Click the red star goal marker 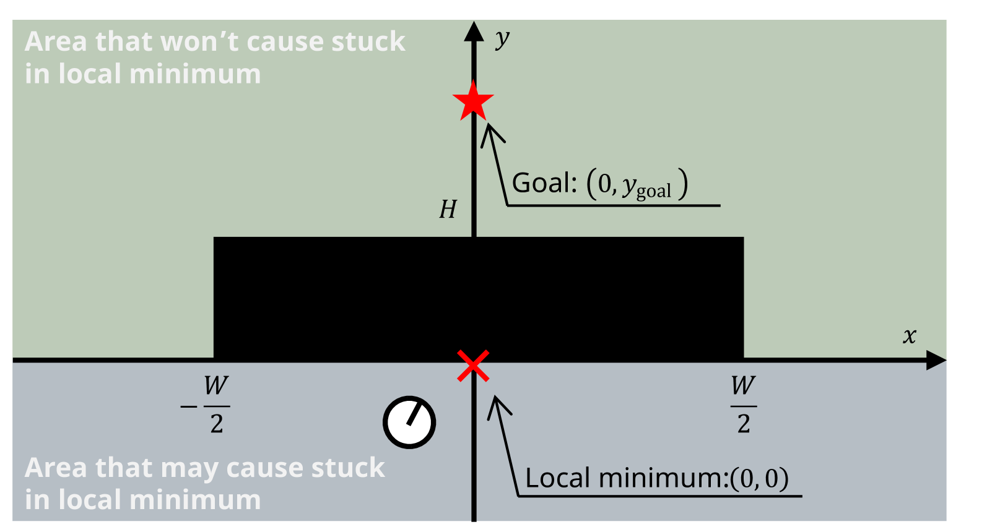tap(473, 101)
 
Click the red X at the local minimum tap(473, 366)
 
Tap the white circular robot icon tap(409, 423)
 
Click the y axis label tap(502, 40)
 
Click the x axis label tap(909, 336)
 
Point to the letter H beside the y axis tap(448, 210)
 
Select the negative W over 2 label tap(207, 405)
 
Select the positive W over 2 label tap(743, 405)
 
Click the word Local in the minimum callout tap(557, 478)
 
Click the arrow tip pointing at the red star tap(489, 126)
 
